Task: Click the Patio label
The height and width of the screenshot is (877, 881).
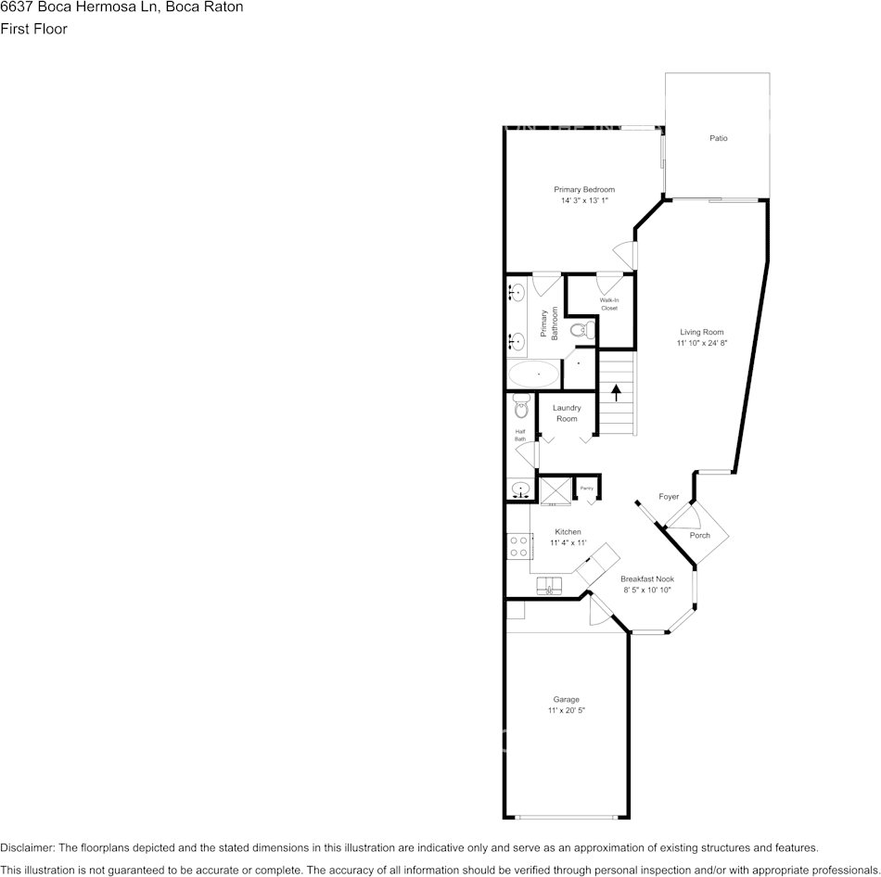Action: [x=719, y=138]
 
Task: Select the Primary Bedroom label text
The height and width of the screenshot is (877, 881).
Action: [x=584, y=190]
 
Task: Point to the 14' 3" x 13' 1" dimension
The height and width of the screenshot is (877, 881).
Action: [x=584, y=200]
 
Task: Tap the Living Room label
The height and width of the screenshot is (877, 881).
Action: [x=701, y=332]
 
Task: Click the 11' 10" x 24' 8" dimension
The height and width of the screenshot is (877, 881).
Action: [x=701, y=343]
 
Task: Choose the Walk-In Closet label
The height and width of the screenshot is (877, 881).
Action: [x=608, y=304]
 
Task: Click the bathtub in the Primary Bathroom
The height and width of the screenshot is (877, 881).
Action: [x=533, y=375]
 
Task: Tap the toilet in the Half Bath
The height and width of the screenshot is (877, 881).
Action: [x=520, y=404]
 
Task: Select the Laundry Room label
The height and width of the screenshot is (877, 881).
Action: [x=567, y=413]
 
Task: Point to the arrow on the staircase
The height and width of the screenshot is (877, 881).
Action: [x=616, y=391]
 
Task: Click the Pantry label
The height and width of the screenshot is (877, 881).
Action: [x=586, y=488]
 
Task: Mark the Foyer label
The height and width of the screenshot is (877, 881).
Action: [x=669, y=497]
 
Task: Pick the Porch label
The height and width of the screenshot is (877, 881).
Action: [x=699, y=535]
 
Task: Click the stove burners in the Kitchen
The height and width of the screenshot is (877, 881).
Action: [x=517, y=546]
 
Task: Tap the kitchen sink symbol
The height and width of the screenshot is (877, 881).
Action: [x=550, y=587]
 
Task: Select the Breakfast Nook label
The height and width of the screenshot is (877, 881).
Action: [x=647, y=578]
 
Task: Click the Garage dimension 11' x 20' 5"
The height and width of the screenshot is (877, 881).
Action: [x=566, y=710]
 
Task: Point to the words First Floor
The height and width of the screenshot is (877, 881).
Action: [x=33, y=29]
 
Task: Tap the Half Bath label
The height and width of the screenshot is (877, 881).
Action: [x=520, y=435]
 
